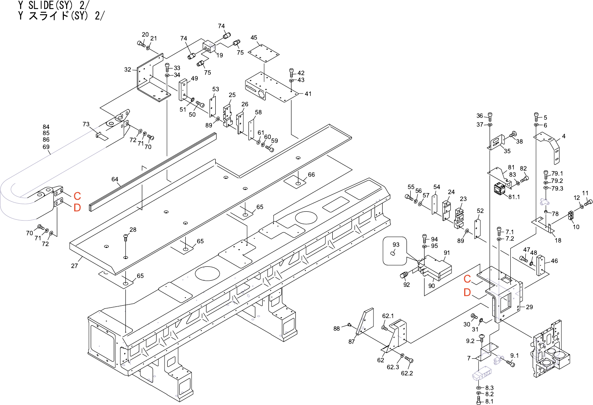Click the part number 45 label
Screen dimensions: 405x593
click(254, 38)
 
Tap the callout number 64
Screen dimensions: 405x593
click(115, 179)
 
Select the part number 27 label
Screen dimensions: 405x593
click(75, 266)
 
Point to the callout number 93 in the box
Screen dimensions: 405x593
click(396, 245)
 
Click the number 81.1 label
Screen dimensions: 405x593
click(514, 197)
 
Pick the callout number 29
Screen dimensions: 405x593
click(530, 307)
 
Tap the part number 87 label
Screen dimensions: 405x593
click(351, 341)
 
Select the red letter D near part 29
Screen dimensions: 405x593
click(467, 293)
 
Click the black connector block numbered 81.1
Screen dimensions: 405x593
click(500, 189)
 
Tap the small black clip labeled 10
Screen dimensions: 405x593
click(571, 216)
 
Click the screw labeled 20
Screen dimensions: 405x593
click(140, 44)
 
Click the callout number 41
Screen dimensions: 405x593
click(308, 94)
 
